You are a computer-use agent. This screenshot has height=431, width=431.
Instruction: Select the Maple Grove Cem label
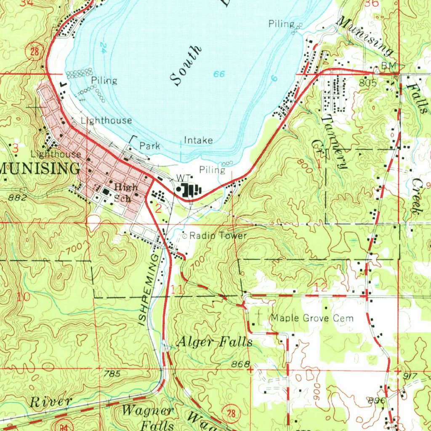tap(312, 318)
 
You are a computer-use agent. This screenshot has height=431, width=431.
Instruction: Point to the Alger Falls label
tap(215, 342)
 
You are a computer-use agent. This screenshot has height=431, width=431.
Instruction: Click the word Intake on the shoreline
tap(198, 140)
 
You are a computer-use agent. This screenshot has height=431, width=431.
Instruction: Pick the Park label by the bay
tap(150, 146)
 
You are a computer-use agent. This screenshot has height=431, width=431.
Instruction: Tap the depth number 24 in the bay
tap(103, 47)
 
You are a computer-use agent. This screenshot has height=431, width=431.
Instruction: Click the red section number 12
tap(321, 287)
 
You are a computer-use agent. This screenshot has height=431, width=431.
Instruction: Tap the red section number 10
tap(24, 297)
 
